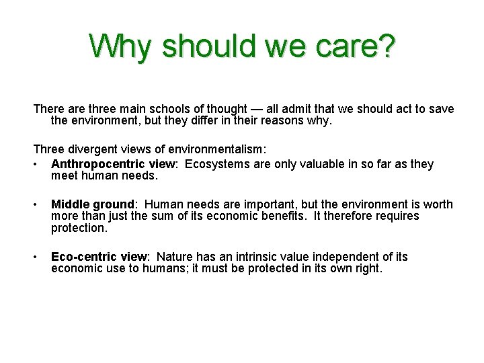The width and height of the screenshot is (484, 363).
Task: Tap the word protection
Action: [x=79, y=228]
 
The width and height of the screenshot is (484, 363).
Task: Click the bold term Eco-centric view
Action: [x=99, y=257]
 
